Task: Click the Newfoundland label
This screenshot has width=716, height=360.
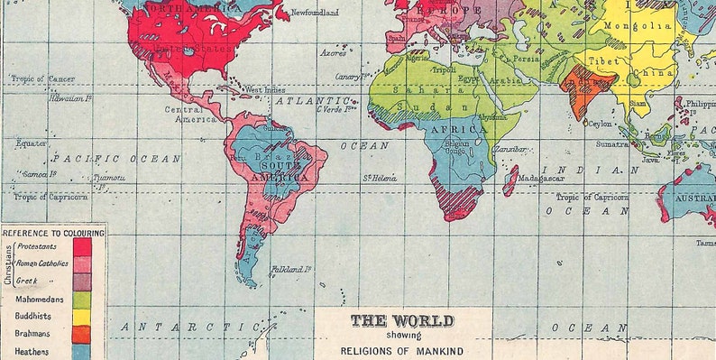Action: point(314,13)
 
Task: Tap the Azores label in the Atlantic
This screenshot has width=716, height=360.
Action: point(332,53)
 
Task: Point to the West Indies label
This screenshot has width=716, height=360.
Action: point(266,90)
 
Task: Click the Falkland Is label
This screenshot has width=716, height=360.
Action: point(290,269)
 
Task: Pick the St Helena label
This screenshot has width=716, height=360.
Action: point(381,178)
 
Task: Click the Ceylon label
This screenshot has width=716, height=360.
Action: point(601,123)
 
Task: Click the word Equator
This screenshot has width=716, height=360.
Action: point(31,143)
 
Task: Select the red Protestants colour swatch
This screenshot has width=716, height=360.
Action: point(82,245)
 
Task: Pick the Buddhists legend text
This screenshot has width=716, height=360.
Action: point(33,316)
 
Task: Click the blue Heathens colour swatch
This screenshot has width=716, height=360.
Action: point(82,351)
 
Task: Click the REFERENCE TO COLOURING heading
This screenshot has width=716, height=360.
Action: point(53,232)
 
